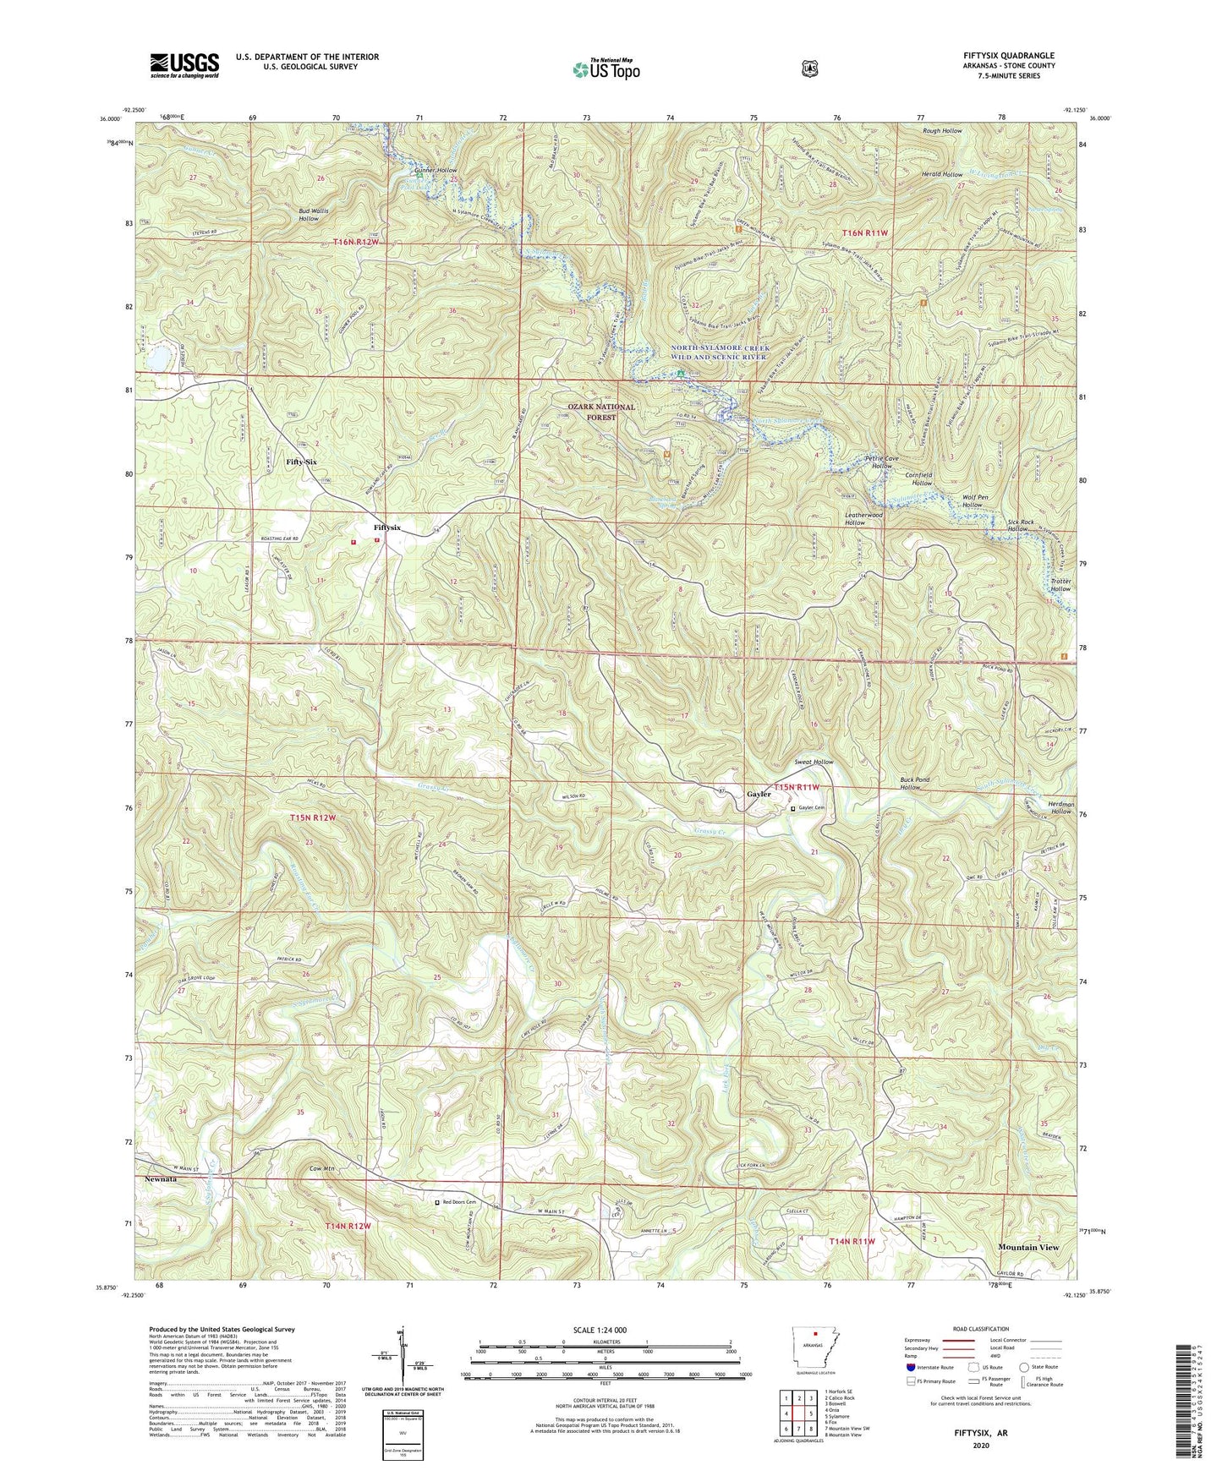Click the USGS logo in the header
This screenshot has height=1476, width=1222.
(x=184, y=64)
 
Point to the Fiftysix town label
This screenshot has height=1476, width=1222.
(x=387, y=528)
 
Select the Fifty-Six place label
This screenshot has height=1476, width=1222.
(x=301, y=462)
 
